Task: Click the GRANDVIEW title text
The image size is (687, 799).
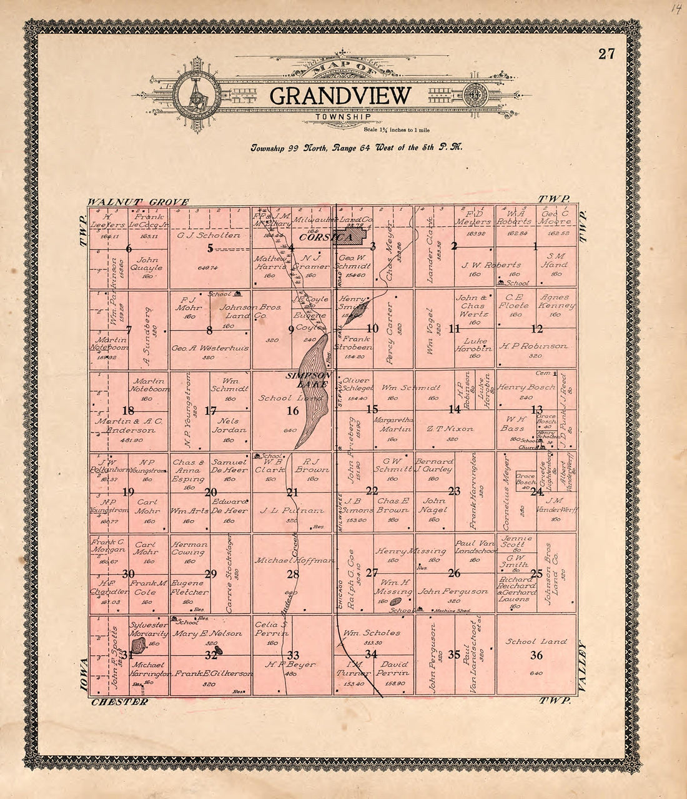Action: click(341, 96)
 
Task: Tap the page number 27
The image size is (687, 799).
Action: click(606, 54)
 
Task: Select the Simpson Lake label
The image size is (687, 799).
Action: click(307, 380)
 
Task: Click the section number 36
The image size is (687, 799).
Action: click(536, 655)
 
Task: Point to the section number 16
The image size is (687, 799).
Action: click(292, 411)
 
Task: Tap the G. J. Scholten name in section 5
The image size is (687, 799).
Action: click(209, 235)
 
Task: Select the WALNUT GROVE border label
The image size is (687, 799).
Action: click(138, 202)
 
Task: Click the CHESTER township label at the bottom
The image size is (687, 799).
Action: click(120, 701)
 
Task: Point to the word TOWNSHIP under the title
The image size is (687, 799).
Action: click(343, 117)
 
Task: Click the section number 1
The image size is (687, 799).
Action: click(535, 246)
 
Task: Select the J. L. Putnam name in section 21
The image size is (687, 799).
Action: click(292, 511)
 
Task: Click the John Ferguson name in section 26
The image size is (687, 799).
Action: click(453, 591)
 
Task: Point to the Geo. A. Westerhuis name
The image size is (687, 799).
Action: click(210, 348)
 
